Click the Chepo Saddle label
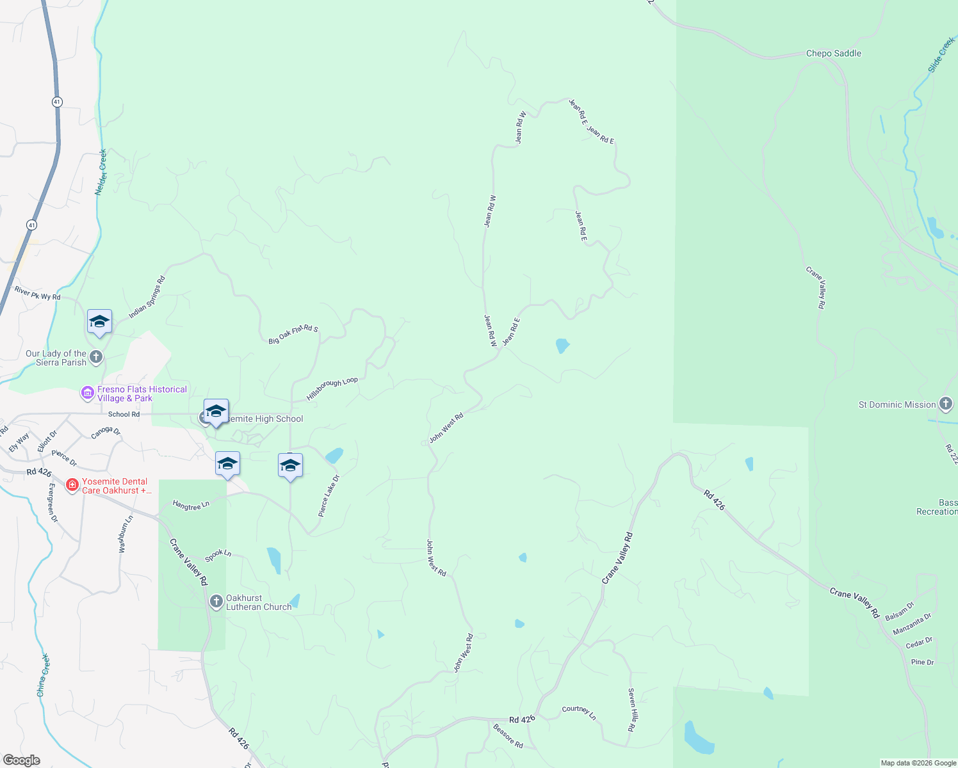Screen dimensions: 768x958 [x=833, y=54]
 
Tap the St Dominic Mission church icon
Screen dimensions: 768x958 [x=946, y=404]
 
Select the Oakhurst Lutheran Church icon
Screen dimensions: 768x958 [x=216, y=602]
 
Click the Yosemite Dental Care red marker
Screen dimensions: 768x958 [x=72, y=486]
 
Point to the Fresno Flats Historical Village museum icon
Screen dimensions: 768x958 [x=87, y=393]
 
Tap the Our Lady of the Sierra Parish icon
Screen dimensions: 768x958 [x=96, y=357]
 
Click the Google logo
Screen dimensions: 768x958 [x=21, y=760]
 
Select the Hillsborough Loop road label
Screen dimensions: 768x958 [x=332, y=389]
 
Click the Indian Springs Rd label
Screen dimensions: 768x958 [x=147, y=298]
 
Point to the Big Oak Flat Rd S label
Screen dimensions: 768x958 [x=293, y=334]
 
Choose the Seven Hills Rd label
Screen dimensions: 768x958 [x=632, y=710]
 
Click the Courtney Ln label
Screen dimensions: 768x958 [x=579, y=712]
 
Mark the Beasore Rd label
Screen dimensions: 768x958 [x=508, y=736]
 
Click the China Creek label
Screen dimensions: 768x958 [x=42, y=675]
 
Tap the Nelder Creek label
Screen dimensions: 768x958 [x=101, y=172]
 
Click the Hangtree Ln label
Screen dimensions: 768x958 [x=191, y=506]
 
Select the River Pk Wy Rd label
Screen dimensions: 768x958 [x=37, y=293]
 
